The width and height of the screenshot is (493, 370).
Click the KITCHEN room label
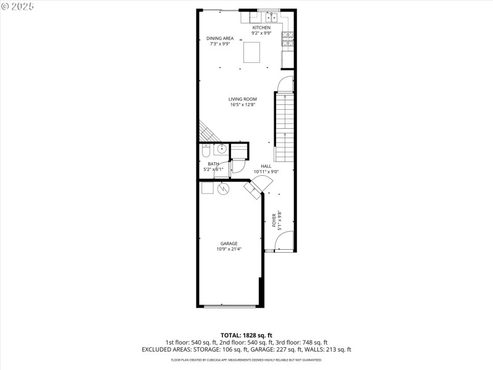pos(261,28)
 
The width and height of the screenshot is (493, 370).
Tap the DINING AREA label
pos(219,38)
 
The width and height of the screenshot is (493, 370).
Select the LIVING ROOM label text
pos(242,99)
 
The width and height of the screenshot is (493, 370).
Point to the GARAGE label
pos(229,244)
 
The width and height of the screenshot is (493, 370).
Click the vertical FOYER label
pos(274,220)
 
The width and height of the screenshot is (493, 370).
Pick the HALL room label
pos(266,166)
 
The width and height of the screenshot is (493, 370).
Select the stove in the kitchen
pos(287,39)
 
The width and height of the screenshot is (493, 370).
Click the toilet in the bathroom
pos(206,150)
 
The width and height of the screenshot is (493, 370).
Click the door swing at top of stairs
pos(285,85)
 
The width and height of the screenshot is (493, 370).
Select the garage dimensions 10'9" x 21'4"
pos(229,250)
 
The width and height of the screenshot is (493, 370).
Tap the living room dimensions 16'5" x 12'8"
pos(242,105)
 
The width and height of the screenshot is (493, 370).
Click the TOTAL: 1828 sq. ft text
pos(246,335)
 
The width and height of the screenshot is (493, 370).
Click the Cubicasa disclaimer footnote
pos(246,360)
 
